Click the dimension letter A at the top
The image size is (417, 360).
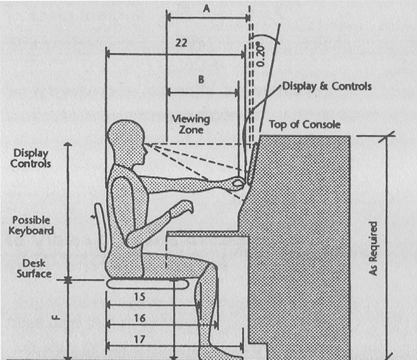click(x=206, y=9)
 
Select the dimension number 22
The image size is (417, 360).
click(x=181, y=43)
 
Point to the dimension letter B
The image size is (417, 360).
click(x=201, y=79)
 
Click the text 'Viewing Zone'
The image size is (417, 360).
click(x=191, y=124)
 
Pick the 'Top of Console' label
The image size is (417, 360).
click(x=305, y=124)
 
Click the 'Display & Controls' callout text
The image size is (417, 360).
click(x=327, y=86)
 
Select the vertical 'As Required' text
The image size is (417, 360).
click(x=373, y=249)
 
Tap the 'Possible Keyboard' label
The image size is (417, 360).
click(x=31, y=225)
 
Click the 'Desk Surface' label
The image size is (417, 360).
click(x=34, y=268)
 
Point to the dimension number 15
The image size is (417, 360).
click(x=139, y=297)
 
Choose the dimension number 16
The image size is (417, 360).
click(x=139, y=318)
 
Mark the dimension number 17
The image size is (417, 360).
click(x=139, y=339)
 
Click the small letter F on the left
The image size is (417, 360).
click(x=56, y=317)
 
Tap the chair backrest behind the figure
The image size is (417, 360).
click(x=100, y=227)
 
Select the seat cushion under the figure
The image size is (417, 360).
click(x=148, y=284)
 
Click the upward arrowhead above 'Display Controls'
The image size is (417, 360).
click(x=68, y=144)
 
